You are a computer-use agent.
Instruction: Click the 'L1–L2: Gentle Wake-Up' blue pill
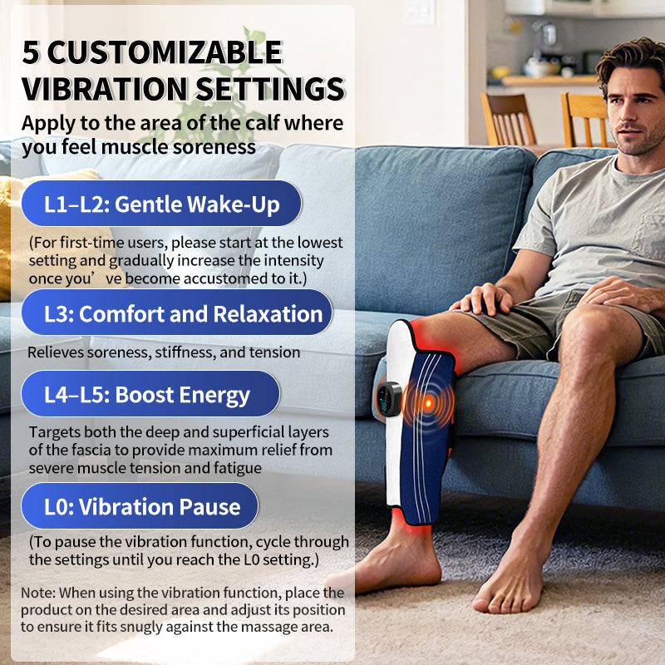[161, 204]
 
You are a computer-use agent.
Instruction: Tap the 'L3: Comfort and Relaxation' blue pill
[177, 313]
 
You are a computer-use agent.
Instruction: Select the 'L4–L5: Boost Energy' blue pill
[150, 394]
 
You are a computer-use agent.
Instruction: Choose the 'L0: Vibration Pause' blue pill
[140, 506]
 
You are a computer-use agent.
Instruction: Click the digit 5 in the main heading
[30, 52]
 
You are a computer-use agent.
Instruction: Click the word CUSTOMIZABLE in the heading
[165, 52]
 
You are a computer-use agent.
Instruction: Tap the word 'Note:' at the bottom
[38, 593]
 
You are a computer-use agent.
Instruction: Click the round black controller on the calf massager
[388, 398]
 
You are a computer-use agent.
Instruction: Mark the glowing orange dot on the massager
[428, 402]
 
